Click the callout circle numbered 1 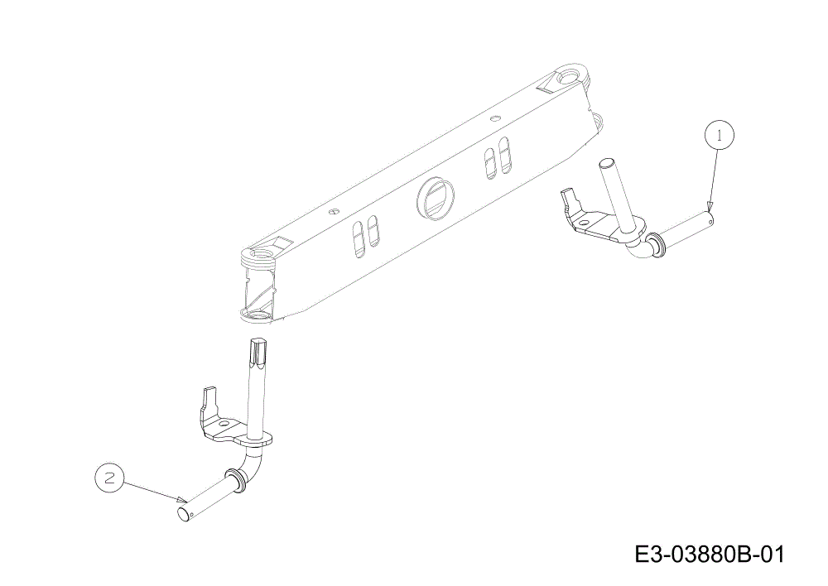pyautogui.click(x=719, y=136)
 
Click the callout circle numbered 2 pyautogui.click(x=110, y=478)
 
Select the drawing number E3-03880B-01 pyautogui.click(x=710, y=555)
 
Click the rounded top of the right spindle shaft pyautogui.click(x=606, y=161)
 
